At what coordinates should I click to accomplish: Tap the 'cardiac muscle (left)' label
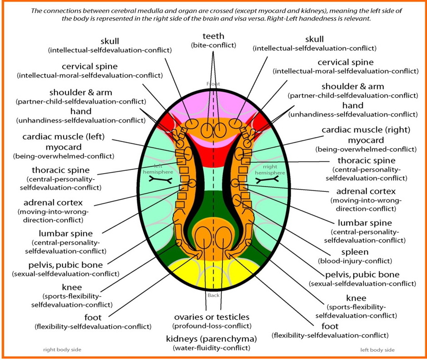coord(64,137)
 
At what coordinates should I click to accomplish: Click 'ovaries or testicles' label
coord(211,317)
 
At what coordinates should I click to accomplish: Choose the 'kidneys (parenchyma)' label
coord(211,339)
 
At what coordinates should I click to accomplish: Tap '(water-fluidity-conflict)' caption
coord(211,348)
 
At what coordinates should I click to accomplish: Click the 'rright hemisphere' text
coord(264,169)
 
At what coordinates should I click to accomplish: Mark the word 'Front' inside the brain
coord(213,84)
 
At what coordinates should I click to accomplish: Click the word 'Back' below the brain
coord(213,295)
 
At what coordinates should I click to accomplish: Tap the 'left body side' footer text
coord(377,350)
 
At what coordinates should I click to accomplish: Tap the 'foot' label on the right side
coord(330,326)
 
